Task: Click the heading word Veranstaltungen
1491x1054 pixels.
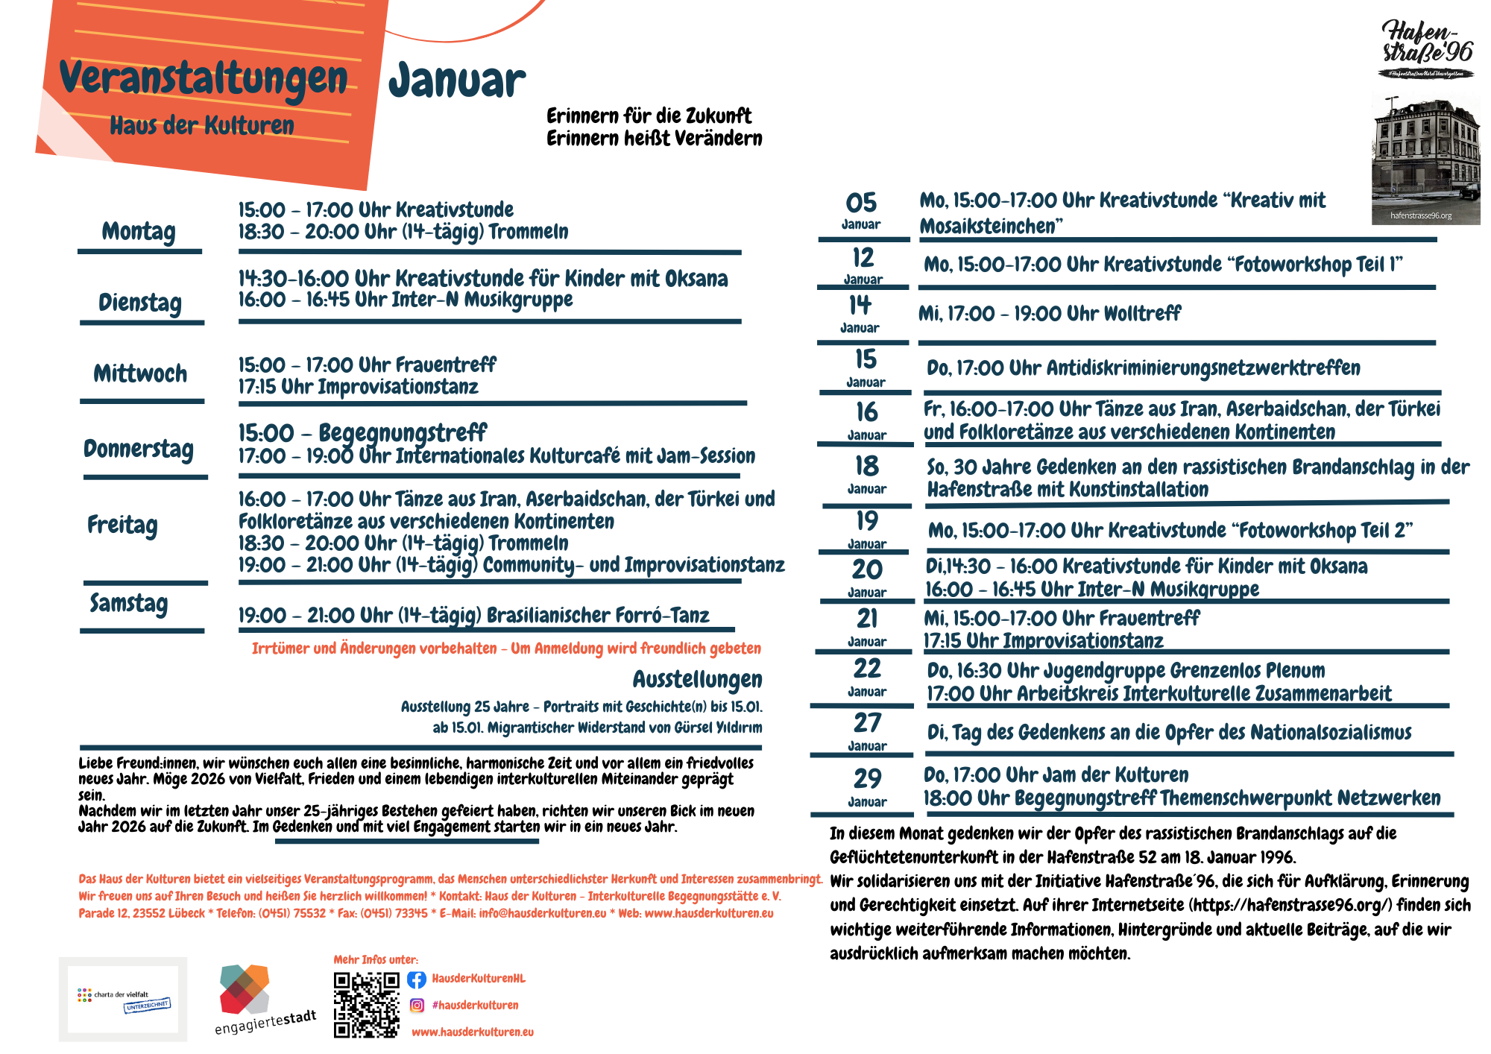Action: coord(203,78)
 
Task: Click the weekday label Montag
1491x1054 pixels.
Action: coord(139,231)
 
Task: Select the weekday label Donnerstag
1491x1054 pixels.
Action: coord(139,449)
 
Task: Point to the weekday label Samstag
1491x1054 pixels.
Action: coord(129,602)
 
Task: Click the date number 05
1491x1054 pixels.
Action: coord(861,203)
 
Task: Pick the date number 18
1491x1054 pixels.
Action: coord(866,467)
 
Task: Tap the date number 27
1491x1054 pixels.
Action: coord(867,722)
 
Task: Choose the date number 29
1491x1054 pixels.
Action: coord(867,778)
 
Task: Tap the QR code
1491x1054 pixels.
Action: coord(366,1004)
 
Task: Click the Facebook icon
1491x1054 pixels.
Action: coord(417,979)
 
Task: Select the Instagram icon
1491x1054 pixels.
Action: coord(417,1006)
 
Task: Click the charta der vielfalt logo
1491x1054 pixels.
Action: coord(123,999)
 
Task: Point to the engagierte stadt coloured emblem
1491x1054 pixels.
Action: coord(245,989)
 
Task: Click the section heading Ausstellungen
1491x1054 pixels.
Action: coord(697,679)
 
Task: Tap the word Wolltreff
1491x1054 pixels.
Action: coord(1141,314)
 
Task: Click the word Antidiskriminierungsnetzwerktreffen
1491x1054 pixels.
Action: coord(1202,368)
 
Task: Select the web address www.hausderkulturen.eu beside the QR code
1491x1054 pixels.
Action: coord(473,1032)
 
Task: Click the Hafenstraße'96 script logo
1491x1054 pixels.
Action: coord(1426,43)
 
